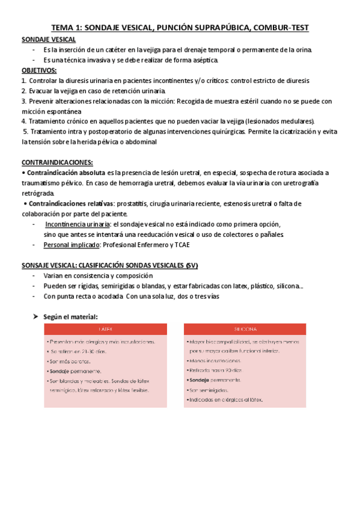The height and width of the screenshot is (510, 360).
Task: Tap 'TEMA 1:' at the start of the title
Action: (66, 27)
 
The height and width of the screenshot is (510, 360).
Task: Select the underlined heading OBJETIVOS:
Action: (39, 70)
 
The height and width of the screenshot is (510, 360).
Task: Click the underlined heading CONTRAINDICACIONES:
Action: (57, 162)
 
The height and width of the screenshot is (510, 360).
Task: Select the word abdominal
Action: (139, 142)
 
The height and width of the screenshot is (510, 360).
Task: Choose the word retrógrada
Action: (37, 193)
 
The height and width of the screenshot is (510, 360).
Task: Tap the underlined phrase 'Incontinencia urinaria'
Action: (78, 224)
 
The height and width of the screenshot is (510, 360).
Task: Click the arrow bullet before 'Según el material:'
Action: (35, 316)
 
